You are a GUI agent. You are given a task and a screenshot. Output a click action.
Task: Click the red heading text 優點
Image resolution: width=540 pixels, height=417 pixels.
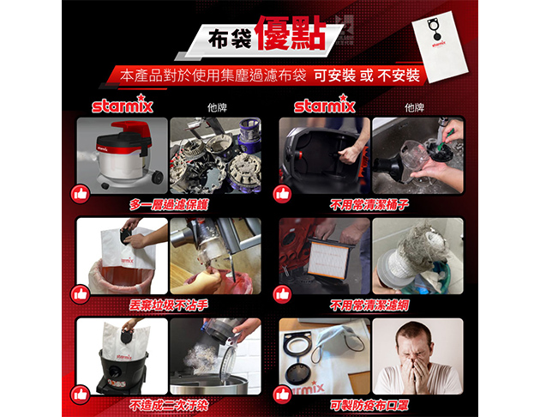click(x=291, y=33)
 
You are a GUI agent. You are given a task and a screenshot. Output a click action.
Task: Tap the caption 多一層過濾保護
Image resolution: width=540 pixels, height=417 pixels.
click(x=169, y=205)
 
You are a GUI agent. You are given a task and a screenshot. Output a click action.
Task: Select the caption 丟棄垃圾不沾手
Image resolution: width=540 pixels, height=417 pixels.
click(x=169, y=305)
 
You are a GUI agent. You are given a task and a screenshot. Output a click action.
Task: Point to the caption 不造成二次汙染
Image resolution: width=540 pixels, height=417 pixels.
click(x=169, y=406)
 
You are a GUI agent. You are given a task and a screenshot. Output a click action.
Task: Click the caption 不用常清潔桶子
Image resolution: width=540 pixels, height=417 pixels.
click(x=369, y=205)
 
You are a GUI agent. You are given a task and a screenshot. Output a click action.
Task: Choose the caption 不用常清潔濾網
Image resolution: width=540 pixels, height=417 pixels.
click(x=369, y=305)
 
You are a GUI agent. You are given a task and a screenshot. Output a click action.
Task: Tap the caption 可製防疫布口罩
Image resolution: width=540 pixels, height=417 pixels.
click(x=369, y=406)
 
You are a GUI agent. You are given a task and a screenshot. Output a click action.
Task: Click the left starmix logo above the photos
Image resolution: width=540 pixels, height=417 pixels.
click(x=123, y=104)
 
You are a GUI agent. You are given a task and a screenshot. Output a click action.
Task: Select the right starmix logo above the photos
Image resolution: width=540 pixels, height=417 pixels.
click(x=324, y=104)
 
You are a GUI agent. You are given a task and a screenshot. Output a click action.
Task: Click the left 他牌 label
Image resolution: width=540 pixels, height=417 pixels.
click(x=217, y=108)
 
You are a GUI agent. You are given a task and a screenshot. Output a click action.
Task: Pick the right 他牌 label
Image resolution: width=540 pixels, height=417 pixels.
click(x=414, y=108)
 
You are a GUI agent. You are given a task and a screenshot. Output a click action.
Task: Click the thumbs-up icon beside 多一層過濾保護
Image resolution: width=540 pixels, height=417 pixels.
click(x=81, y=194)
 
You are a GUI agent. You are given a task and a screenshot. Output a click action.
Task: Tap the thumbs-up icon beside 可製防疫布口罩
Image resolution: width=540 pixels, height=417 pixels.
click(x=282, y=395)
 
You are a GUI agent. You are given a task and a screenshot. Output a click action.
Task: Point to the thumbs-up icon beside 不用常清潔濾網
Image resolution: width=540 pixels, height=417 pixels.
click(x=282, y=294)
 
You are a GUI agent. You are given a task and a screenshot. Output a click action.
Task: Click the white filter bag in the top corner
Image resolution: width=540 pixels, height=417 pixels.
click(x=441, y=45)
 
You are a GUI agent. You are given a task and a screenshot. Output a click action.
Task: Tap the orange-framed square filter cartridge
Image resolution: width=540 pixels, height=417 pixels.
click(x=327, y=257)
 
